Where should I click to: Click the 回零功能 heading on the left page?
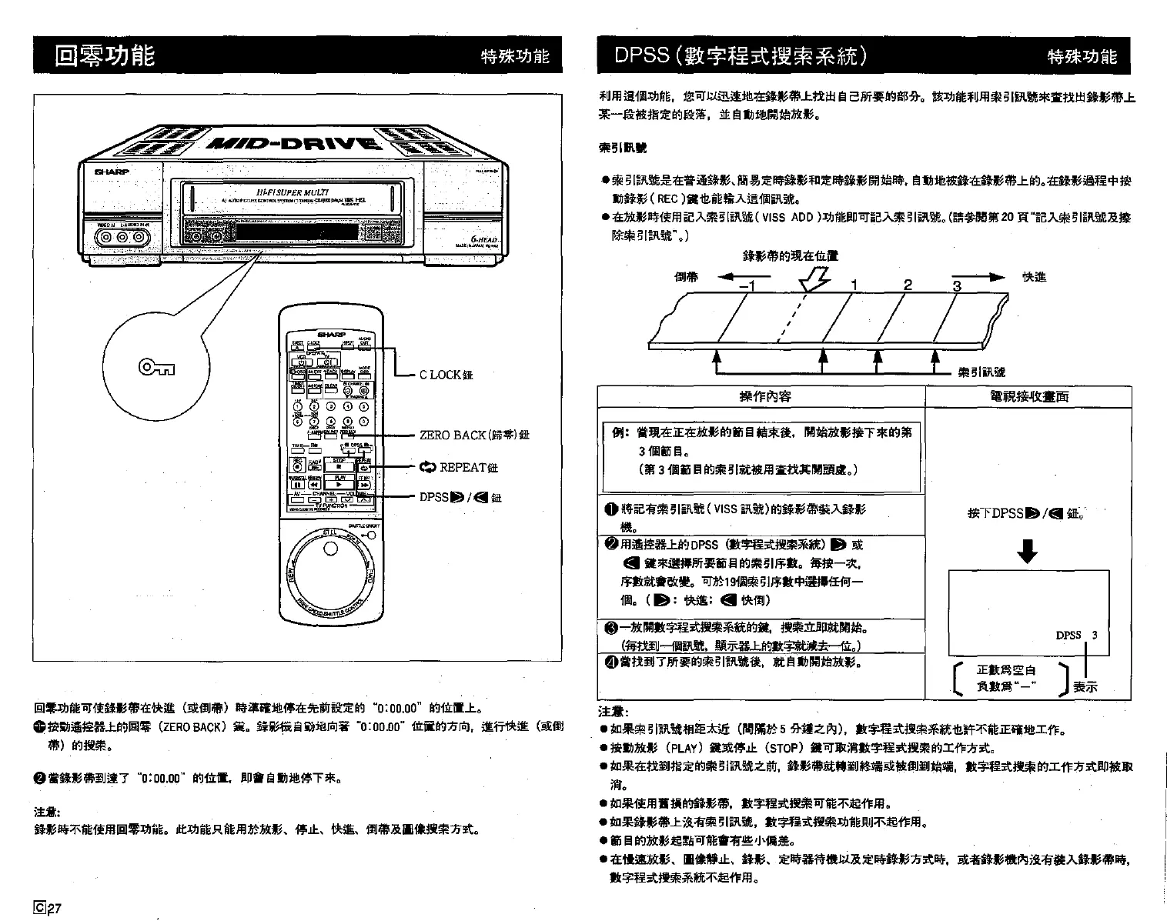(105, 55)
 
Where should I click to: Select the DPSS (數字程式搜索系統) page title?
(741, 55)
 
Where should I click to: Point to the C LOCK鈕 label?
(446, 375)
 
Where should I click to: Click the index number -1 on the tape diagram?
(747, 287)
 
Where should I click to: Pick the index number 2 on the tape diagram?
(908, 285)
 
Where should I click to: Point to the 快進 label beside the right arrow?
(1034, 277)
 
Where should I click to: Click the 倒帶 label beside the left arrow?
(687, 277)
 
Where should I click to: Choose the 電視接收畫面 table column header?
(1028, 396)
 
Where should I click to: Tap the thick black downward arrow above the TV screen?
(1028, 551)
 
